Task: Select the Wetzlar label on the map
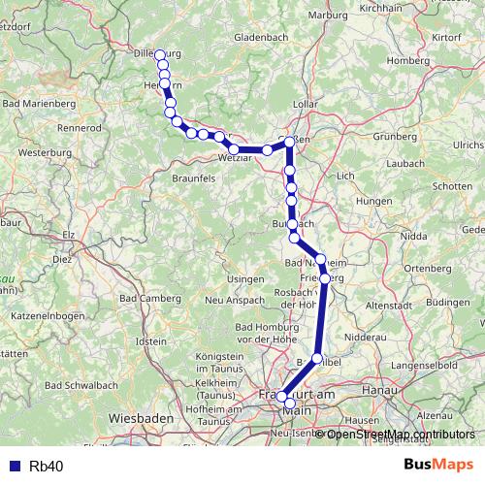coord(238,158)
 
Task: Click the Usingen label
coord(245,279)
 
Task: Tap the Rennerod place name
coord(80,127)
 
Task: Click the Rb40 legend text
coord(47,467)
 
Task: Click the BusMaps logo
coord(439,466)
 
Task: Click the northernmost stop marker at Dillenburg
coord(161,53)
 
